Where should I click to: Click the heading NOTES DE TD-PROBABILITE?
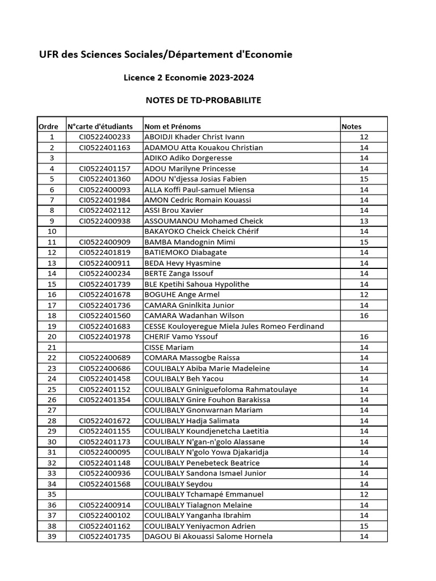click(203, 100)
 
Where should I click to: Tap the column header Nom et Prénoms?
click(173, 127)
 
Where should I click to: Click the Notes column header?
click(351, 127)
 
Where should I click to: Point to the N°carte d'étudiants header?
click(100, 127)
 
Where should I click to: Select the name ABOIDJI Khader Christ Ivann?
click(194, 137)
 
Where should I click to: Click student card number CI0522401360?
click(104, 179)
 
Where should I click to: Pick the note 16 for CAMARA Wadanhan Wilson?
click(364, 315)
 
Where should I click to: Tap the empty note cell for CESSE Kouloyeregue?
click(364, 326)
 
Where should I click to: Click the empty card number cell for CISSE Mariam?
click(104, 347)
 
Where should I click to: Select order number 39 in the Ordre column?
click(52, 536)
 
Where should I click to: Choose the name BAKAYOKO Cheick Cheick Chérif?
click(201, 231)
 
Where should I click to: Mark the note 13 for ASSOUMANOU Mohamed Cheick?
click(364, 221)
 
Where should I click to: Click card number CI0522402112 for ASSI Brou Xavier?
click(104, 210)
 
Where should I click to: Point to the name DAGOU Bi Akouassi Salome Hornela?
click(208, 536)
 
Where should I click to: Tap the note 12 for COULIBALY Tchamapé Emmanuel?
click(364, 494)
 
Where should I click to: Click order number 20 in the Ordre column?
click(52, 336)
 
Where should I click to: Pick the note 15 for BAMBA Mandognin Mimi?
click(364, 242)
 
